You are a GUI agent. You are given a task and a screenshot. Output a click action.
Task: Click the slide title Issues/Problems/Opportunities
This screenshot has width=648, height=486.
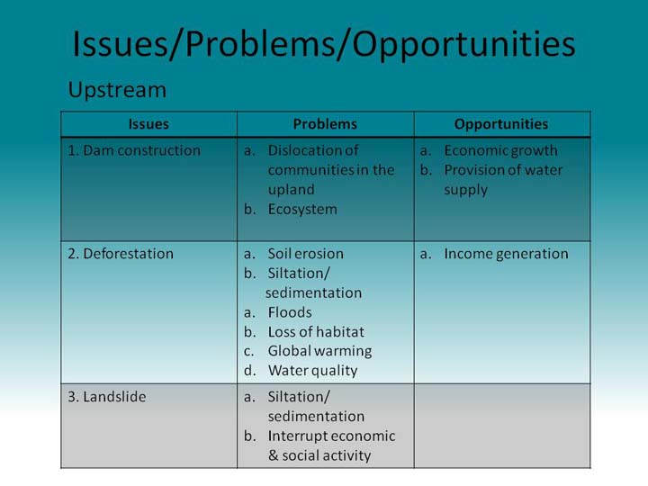point(324,45)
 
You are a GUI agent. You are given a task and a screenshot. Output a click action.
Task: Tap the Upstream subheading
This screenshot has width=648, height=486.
point(117,91)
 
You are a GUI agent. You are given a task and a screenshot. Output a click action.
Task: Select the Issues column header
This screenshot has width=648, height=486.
point(148,124)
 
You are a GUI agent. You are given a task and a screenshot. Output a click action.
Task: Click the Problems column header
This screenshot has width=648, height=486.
point(325,124)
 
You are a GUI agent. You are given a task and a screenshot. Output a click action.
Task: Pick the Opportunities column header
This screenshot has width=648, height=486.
point(501,124)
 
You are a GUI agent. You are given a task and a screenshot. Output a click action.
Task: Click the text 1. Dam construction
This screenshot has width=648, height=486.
point(134,150)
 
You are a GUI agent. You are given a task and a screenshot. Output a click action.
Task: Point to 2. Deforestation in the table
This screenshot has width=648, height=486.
point(121,253)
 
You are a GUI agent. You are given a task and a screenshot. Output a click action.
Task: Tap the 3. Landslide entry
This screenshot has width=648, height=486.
point(107,397)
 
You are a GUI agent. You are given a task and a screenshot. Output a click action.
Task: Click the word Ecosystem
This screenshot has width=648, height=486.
point(302,210)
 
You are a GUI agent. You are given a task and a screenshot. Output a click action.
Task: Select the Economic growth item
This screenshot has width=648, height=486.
point(501,151)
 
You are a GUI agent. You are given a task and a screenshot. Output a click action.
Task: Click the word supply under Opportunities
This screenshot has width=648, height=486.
point(466,191)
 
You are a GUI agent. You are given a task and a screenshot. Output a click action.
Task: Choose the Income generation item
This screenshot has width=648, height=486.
point(506,254)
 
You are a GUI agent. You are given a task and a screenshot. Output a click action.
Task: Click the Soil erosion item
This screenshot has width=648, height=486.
point(305,253)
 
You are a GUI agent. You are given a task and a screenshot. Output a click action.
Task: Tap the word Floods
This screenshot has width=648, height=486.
point(290,312)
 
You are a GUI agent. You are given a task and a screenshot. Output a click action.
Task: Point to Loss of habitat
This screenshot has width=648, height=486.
point(316,332)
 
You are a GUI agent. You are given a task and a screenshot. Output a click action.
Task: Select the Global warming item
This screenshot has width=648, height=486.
point(319,352)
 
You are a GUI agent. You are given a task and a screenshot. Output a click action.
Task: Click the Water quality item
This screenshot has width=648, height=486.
point(313,371)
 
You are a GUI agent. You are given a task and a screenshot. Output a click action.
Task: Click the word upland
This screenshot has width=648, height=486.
point(292,191)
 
